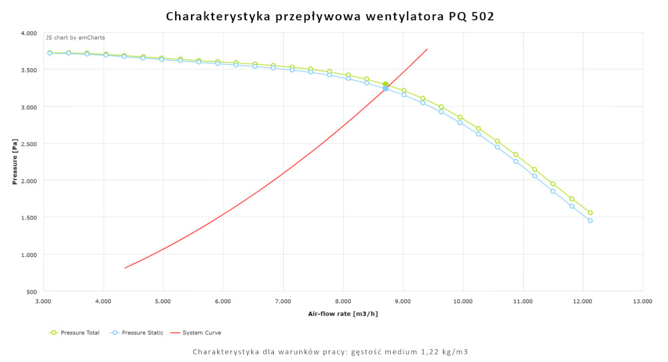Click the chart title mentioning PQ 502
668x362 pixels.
[330, 16]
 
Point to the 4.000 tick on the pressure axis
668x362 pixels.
[29, 33]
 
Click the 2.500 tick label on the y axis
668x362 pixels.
[29, 144]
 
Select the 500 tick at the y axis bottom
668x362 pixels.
[32, 292]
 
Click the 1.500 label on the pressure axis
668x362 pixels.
[29, 217]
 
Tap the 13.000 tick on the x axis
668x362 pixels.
[643, 302]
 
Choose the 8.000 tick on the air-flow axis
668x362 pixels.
[343, 302]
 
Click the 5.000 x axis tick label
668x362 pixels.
[163, 302]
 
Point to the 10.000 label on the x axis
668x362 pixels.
[462, 302]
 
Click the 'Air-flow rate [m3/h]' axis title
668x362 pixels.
[343, 314]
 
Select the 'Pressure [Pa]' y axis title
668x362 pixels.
[15, 163]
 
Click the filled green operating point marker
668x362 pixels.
[385, 84]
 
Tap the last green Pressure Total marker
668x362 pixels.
[590, 213]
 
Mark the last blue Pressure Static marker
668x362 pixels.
[590, 221]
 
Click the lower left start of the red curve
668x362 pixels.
[126, 268]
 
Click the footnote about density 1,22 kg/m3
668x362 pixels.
[330, 351]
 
